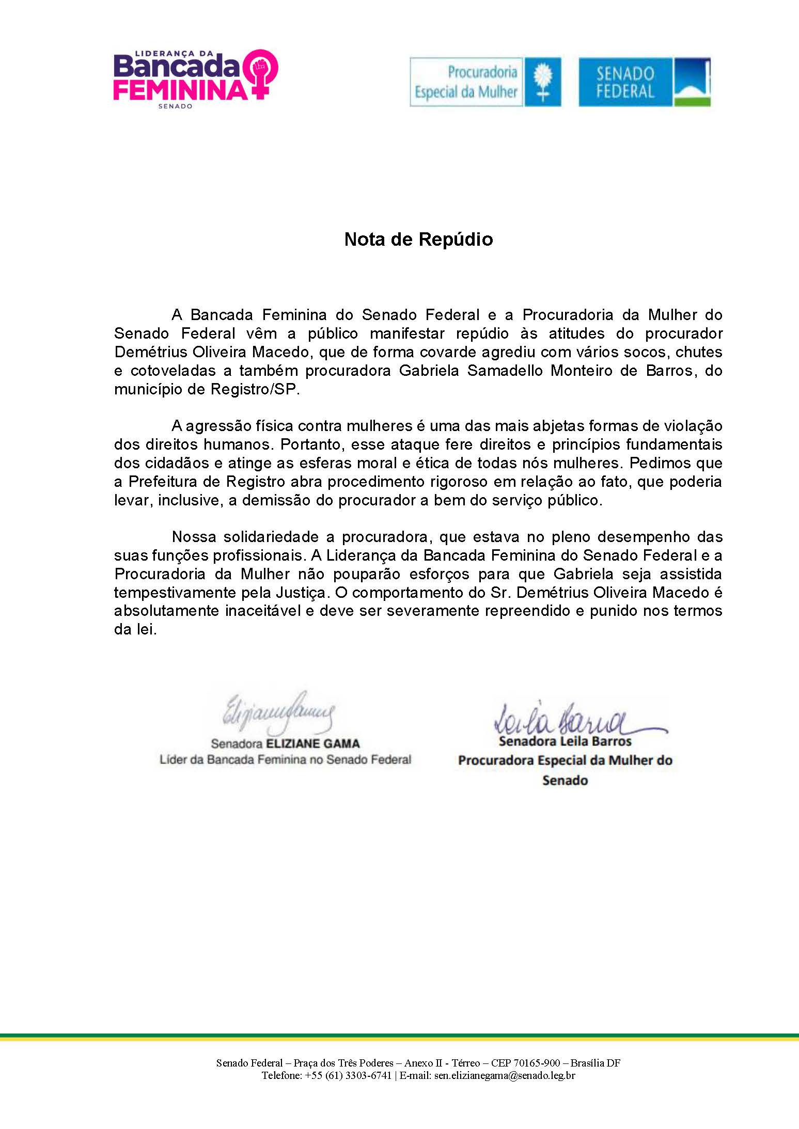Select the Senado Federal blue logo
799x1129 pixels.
click(x=644, y=82)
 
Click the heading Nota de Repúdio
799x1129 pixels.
click(x=418, y=240)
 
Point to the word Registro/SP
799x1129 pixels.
click(x=255, y=389)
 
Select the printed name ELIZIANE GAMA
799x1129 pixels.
click(x=312, y=744)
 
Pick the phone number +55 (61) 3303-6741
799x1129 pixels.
click(x=348, y=1075)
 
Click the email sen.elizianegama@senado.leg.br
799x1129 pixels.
click(x=505, y=1075)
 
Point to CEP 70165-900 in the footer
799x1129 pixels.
click(x=525, y=1063)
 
